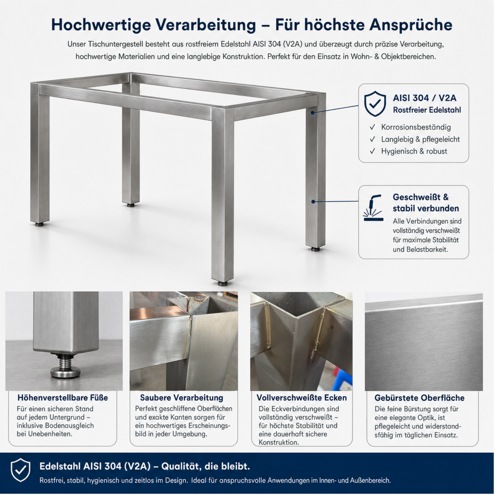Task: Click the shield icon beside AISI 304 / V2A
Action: click(375, 104)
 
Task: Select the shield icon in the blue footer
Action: click(21, 470)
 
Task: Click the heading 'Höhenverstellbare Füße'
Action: click(63, 398)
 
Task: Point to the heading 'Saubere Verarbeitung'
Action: click(181, 398)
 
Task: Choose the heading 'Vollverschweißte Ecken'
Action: click(302, 398)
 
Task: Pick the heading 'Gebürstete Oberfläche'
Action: click(420, 398)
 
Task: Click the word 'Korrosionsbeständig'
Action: click(416, 127)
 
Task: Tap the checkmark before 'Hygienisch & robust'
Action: click(372, 151)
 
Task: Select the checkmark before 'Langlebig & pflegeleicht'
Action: click(372, 139)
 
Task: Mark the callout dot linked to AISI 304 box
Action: click(313, 113)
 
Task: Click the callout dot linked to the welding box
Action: click(313, 202)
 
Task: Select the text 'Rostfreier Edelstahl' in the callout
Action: click(427, 110)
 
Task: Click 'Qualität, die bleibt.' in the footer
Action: click(205, 466)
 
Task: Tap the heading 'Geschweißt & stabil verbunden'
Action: click(426, 203)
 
